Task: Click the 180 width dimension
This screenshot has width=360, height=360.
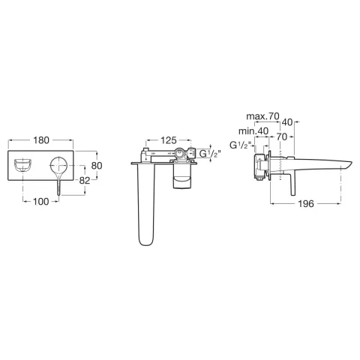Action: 41,140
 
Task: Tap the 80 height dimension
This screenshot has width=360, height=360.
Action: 97,166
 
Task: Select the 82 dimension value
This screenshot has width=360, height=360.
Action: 85,180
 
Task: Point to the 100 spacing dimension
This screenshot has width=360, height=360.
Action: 41,201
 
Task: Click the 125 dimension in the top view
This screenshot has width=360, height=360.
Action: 169,140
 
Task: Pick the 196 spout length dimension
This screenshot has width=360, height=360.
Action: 306,204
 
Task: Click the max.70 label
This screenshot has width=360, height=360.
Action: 262,116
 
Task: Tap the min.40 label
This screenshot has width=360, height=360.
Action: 253,131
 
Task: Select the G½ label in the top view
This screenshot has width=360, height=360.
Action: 210,154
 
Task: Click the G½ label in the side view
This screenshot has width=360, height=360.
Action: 240,145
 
